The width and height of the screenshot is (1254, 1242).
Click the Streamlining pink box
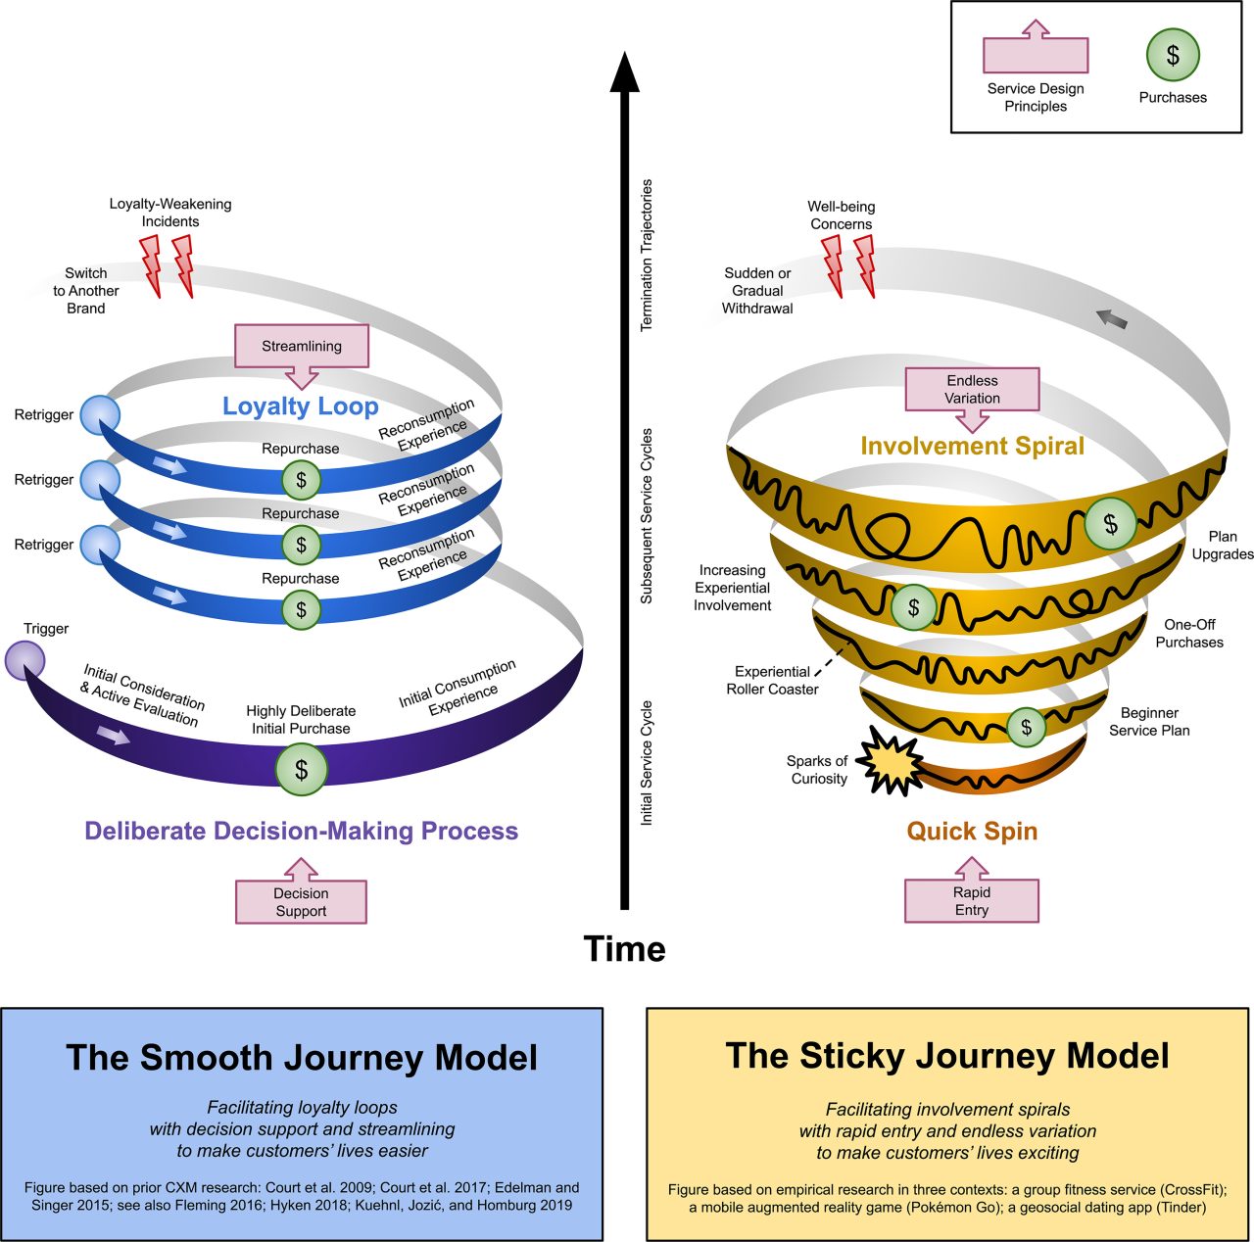coord(302,347)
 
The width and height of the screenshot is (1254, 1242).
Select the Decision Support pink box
coord(301,902)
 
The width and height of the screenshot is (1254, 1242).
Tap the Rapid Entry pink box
coord(971,901)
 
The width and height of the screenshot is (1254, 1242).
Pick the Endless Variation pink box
coord(972,390)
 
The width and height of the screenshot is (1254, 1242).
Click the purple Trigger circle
coord(24,661)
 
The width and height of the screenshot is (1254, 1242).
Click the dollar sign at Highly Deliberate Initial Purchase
coord(301,770)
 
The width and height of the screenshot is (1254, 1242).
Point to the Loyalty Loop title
coord(300,406)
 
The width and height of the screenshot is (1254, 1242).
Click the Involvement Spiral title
coord(972,447)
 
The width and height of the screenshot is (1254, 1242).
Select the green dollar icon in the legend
coord(1173,55)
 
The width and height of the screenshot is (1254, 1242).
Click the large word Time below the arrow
coord(624,949)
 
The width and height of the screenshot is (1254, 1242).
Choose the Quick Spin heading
coord(971,832)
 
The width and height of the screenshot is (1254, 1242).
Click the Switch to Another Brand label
coord(86,291)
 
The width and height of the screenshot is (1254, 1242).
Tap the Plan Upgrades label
coord(1222,546)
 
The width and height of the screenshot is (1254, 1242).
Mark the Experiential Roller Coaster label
coord(772,681)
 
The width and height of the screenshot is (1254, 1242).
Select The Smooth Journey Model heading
coord(302,1058)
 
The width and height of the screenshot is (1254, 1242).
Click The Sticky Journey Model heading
coord(947,1056)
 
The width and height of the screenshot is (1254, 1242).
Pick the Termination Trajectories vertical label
coord(647,255)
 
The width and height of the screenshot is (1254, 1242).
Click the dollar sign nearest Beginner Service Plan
coord(1026,727)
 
